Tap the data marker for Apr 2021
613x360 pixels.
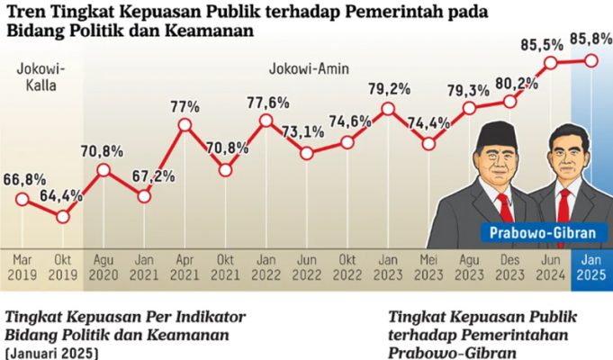(185, 124)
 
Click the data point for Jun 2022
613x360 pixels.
(307, 154)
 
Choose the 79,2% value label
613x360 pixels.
(388, 89)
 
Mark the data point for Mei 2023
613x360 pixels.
(428, 142)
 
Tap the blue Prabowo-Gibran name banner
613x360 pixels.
(543, 234)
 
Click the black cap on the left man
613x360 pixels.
(493, 132)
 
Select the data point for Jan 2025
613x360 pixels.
(591, 60)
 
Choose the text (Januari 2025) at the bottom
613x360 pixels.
(52, 352)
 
